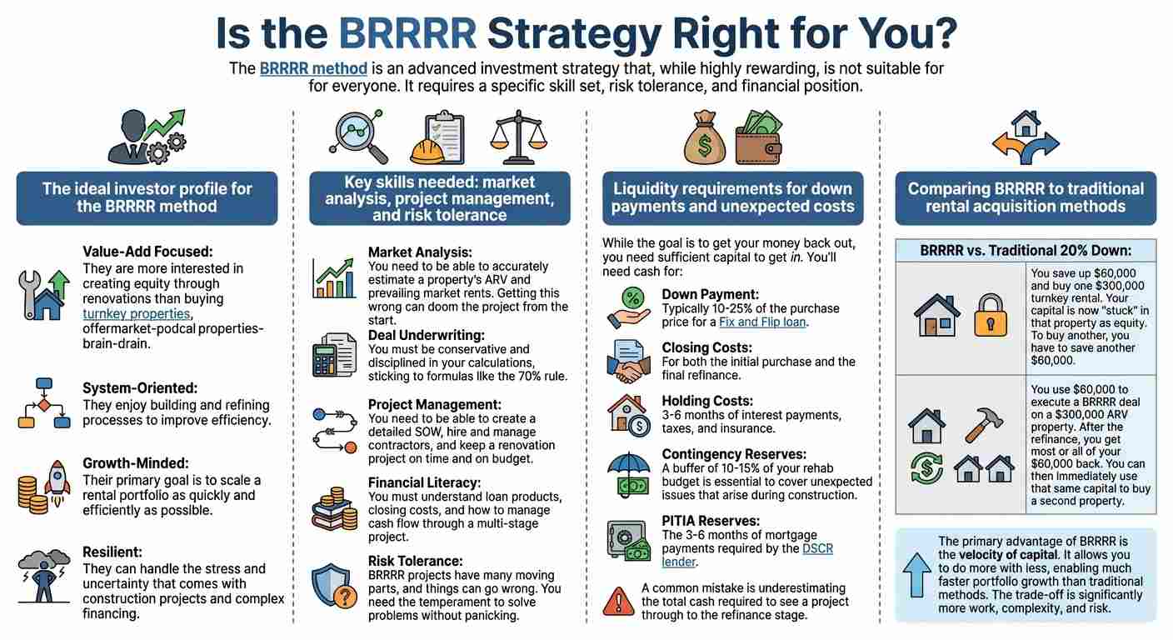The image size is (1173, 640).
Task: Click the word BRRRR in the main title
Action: click(x=408, y=33)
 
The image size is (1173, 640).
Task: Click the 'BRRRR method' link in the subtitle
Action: click(x=313, y=68)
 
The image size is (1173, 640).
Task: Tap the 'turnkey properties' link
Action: click(x=136, y=313)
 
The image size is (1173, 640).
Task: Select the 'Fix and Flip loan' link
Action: click(x=762, y=322)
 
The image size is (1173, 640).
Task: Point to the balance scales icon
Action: click(x=518, y=137)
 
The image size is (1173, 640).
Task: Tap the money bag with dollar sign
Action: click(x=705, y=138)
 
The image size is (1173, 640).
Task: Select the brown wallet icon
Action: click(x=759, y=138)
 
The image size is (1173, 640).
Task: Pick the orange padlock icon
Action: click(x=991, y=315)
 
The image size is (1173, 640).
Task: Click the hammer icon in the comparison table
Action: click(x=983, y=425)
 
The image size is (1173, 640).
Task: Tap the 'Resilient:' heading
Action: click(x=112, y=552)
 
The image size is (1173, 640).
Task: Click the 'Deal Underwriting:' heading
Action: click(x=427, y=335)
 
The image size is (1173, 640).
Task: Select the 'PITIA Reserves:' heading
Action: click(x=711, y=521)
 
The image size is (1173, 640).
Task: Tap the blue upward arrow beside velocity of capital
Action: click(x=917, y=575)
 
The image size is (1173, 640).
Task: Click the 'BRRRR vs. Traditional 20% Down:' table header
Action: click(x=1026, y=250)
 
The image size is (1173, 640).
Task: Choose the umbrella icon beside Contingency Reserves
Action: click(x=629, y=474)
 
